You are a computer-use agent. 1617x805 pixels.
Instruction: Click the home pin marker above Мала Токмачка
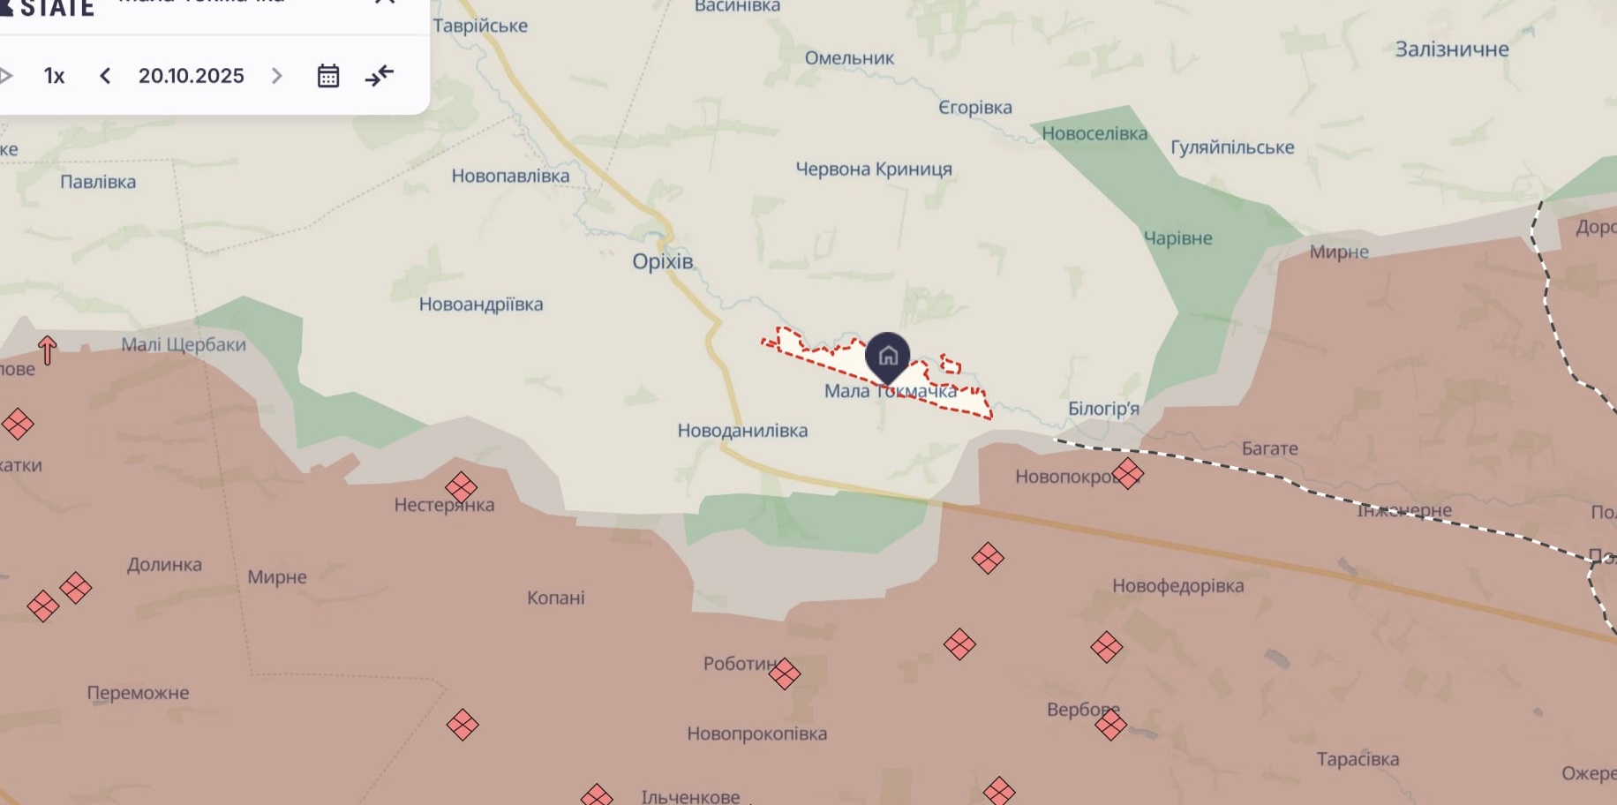point(888,357)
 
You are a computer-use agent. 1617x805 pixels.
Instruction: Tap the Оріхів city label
point(663,261)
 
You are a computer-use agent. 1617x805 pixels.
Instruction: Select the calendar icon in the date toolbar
point(328,76)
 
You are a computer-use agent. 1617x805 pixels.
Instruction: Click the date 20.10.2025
point(191,76)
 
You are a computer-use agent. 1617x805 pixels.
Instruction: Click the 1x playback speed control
point(55,76)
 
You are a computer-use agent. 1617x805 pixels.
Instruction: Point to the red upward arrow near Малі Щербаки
point(48,350)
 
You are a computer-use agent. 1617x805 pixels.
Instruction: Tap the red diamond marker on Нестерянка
point(462,486)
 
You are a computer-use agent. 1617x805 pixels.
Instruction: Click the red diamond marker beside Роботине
point(784,673)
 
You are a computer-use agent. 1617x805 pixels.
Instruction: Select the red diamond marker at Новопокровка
point(1128,474)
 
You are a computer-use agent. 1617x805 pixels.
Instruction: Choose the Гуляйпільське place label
point(1232,147)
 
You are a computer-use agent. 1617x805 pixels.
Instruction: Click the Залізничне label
point(1452,49)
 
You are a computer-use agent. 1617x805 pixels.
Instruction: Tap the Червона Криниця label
point(874,169)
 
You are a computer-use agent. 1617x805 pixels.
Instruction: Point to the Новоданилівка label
point(742,431)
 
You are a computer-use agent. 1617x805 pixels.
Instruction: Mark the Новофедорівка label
point(1177,585)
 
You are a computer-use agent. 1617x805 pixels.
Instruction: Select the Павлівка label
point(98,182)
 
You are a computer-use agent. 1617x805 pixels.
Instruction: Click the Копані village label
point(556,598)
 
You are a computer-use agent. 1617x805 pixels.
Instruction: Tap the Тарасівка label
point(1358,759)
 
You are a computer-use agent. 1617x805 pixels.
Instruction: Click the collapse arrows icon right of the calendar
point(380,76)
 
